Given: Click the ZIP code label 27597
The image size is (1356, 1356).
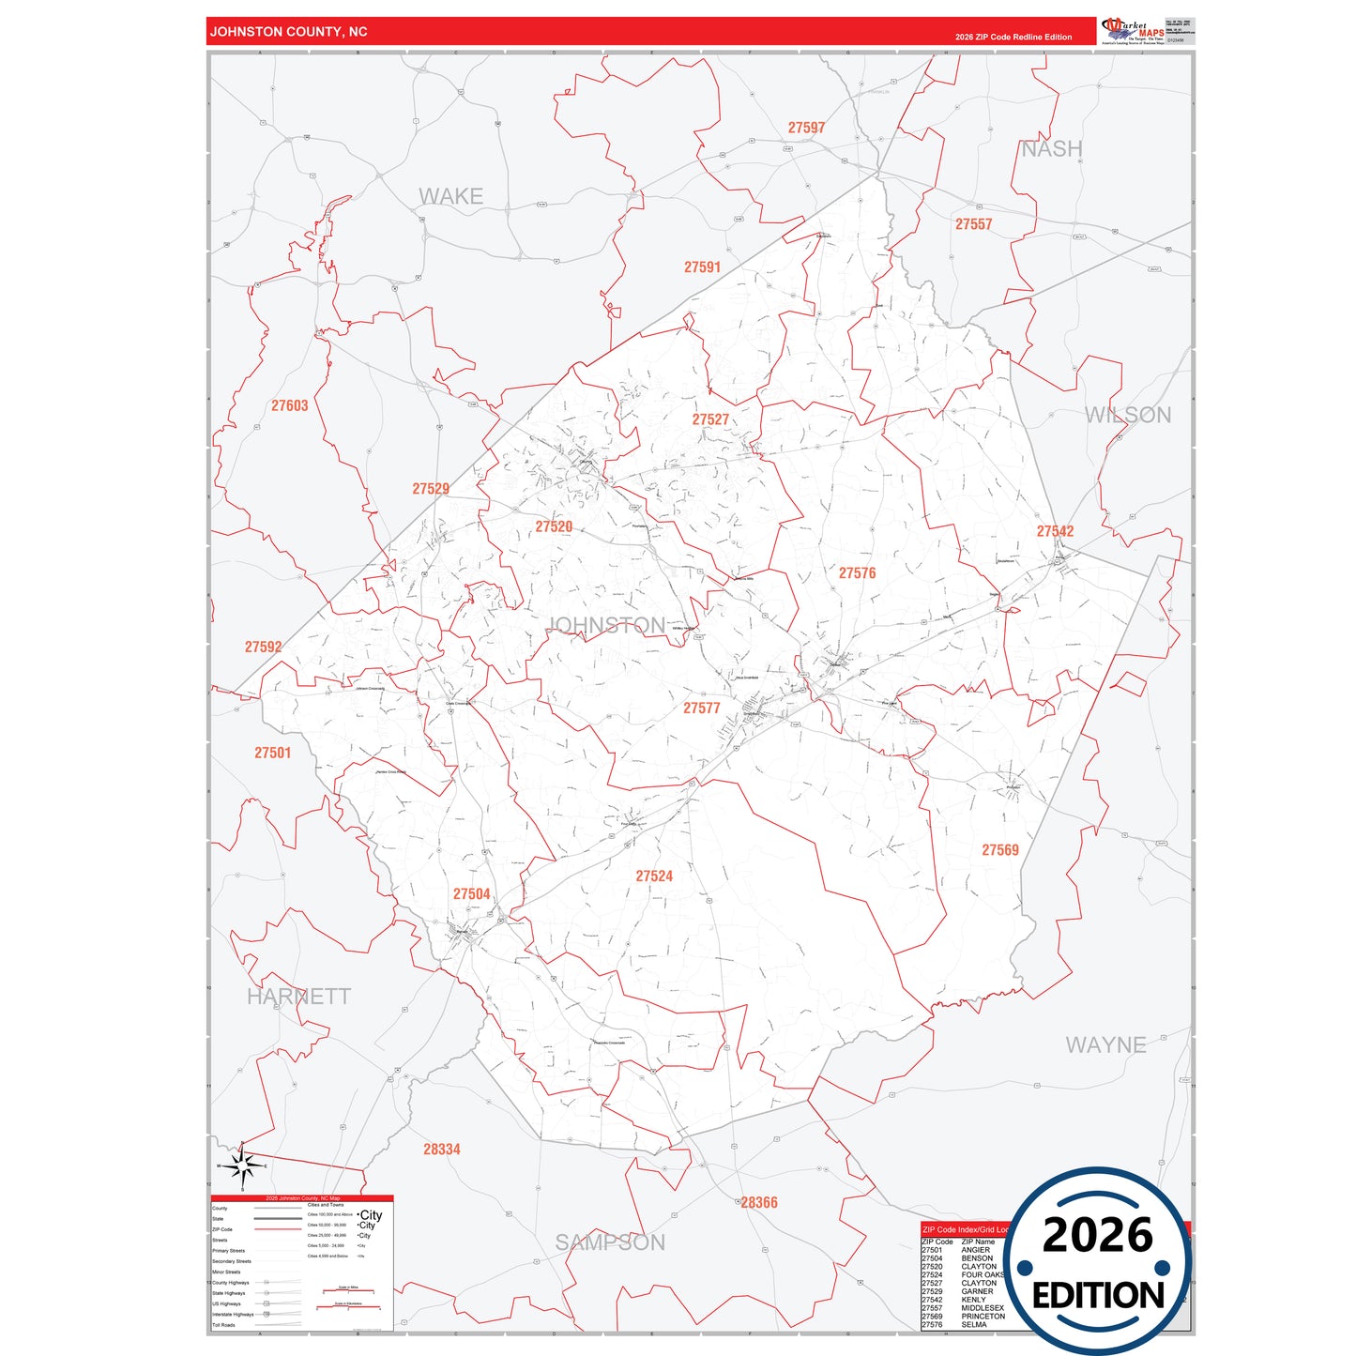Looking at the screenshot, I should tap(806, 128).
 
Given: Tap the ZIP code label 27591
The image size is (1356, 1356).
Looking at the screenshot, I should tap(702, 267).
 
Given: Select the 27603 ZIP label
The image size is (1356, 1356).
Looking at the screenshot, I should tap(289, 405).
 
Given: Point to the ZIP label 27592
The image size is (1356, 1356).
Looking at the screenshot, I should tap(263, 647).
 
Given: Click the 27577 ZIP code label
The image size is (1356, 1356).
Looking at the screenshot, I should tap(701, 708).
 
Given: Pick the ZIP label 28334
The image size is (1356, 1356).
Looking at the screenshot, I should tap(441, 1149).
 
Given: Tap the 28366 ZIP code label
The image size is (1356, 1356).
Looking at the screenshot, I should tap(759, 1202).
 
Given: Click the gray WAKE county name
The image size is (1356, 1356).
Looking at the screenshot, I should tap(450, 196).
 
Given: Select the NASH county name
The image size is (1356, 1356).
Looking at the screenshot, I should tap(1051, 149).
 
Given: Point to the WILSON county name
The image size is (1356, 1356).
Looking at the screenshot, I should tap(1127, 415).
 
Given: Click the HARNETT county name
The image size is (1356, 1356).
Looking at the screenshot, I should tap(298, 997).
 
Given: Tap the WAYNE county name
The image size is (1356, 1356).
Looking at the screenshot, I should tap(1105, 1044).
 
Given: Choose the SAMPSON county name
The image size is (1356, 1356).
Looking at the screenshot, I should tap(610, 1242).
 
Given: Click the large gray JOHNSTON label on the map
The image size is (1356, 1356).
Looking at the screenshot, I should tap(606, 625).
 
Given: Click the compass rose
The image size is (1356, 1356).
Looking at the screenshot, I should tap(242, 1166).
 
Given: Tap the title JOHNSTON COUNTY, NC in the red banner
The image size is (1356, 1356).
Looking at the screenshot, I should tap(288, 32).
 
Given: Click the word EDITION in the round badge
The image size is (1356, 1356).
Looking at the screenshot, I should tap(1097, 1296).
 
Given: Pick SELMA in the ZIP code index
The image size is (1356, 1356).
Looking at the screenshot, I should tap(974, 1325).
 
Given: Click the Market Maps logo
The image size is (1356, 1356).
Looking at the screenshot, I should tap(1133, 31).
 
